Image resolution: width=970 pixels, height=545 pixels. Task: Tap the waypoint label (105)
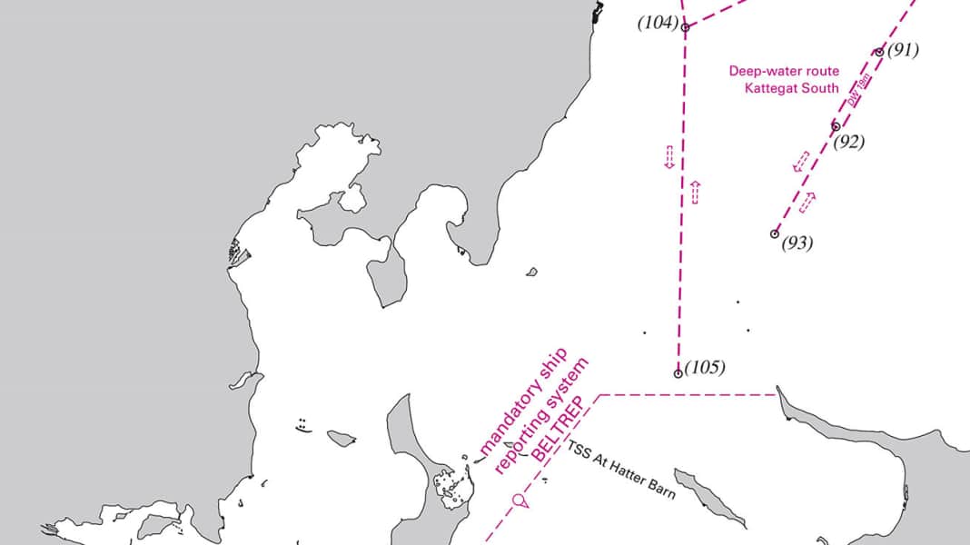tap(705, 368)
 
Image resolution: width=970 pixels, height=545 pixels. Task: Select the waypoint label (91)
tap(903, 50)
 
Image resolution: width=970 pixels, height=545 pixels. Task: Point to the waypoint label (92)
tap(848, 142)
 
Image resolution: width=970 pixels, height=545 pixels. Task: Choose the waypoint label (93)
tap(797, 243)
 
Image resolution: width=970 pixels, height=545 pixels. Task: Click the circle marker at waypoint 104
tap(685, 27)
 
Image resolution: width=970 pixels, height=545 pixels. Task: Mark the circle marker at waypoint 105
tap(678, 373)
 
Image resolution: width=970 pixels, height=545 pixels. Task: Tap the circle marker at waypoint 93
tap(775, 233)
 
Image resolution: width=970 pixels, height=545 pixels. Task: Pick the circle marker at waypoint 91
tap(879, 52)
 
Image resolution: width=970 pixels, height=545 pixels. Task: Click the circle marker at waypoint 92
tap(836, 126)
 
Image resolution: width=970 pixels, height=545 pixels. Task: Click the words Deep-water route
tap(785, 70)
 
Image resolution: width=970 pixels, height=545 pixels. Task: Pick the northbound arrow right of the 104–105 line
tap(696, 192)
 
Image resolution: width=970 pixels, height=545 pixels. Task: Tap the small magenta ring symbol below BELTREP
tap(519, 500)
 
